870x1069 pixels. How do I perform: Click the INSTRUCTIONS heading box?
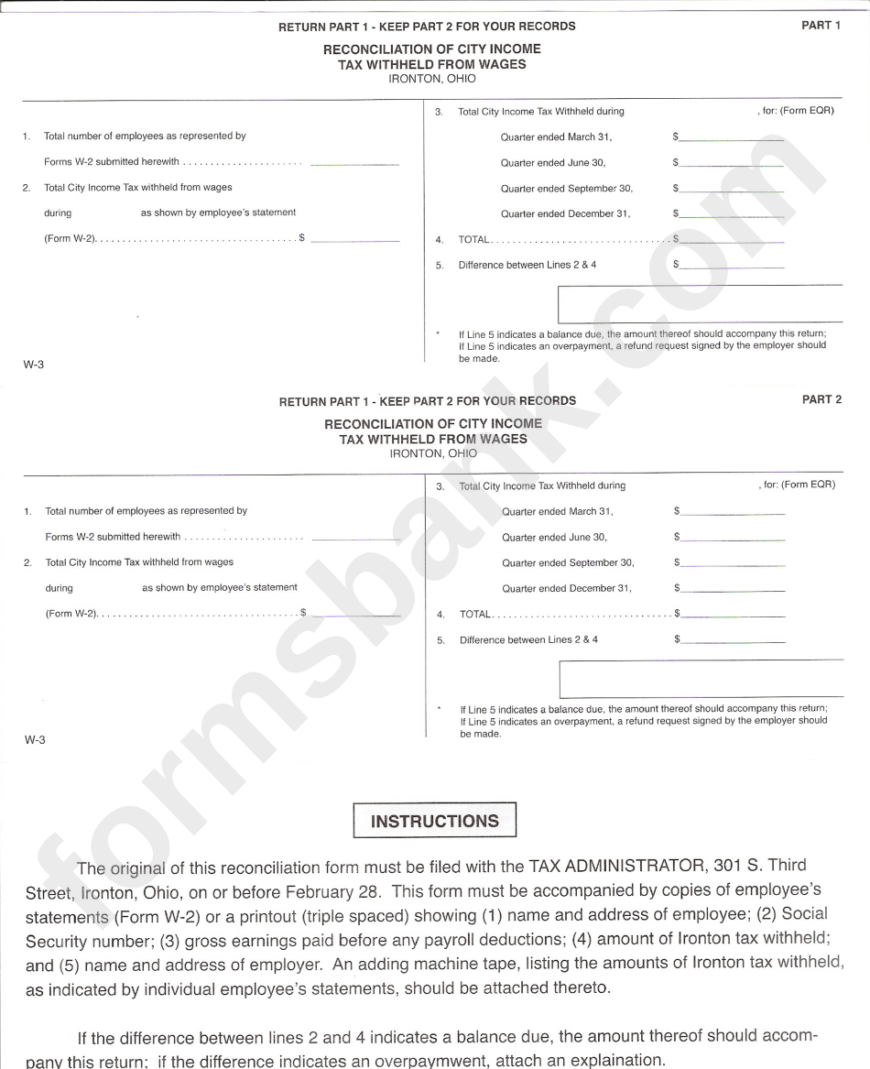435,821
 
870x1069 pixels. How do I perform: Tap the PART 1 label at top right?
821,26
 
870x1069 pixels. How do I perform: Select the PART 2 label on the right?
821,400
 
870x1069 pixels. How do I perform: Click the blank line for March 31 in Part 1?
732,139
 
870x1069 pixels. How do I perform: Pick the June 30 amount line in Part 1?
732,165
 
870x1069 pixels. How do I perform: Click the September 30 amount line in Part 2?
733,565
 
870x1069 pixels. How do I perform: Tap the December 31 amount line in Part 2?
733,591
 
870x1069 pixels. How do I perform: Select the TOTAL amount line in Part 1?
732,242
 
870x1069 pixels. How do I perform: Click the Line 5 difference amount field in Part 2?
733,642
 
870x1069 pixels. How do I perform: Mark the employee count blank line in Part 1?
355,164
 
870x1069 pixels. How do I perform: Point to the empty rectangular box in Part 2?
701,679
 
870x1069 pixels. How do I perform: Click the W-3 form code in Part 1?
34,365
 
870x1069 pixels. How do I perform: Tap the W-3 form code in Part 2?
35,740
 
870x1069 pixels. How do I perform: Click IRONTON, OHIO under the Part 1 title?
432,79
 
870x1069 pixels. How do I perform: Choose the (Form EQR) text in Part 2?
809,485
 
